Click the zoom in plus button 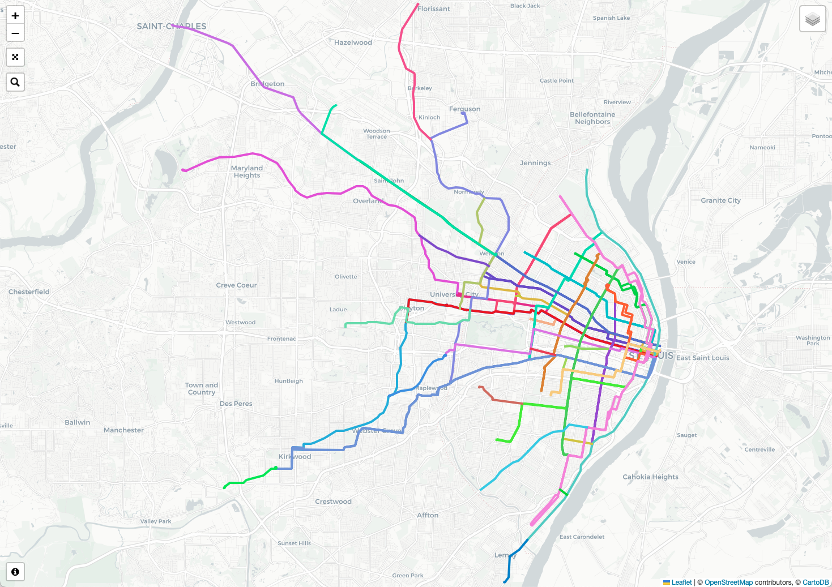[x=15, y=16]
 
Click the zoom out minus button [x=15, y=33]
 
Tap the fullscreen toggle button [x=15, y=57]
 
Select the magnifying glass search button [x=15, y=82]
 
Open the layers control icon [x=812, y=19]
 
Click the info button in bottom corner [x=15, y=572]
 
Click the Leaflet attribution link [x=681, y=582]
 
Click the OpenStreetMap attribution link [x=728, y=582]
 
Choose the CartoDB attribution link [x=816, y=582]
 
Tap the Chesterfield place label [x=29, y=292]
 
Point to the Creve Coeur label [x=236, y=285]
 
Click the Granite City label [x=720, y=200]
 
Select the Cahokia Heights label [x=650, y=477]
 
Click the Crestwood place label [x=333, y=502]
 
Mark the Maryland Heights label [x=247, y=172]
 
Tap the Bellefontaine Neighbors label [x=592, y=118]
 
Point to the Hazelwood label [x=353, y=42]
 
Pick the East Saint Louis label [x=702, y=358]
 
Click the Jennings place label [x=535, y=163]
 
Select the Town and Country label [x=202, y=388]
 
